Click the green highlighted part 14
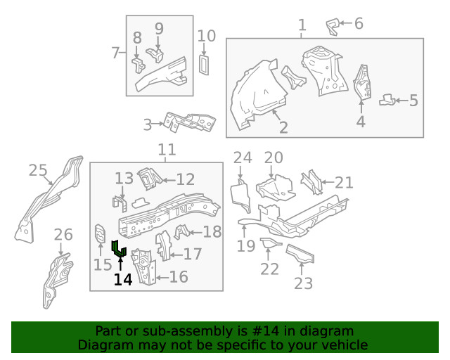(119, 248)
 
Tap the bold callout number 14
(122, 279)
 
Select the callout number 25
(38, 170)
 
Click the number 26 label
(63, 234)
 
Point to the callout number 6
(359, 24)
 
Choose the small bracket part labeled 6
(333, 27)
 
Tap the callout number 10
(206, 36)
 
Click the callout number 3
(148, 125)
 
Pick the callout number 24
(242, 157)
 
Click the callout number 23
(303, 283)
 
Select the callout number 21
(344, 183)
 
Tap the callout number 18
(212, 232)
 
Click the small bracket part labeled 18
(182, 231)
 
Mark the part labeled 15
(100, 233)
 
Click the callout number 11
(167, 150)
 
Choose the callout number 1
(302, 27)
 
